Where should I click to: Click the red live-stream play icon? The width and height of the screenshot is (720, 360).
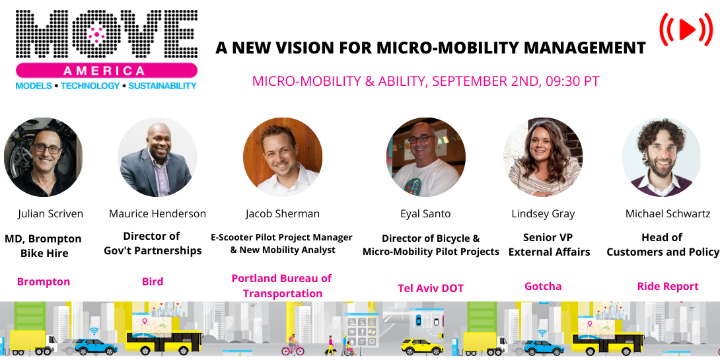(x=686, y=29)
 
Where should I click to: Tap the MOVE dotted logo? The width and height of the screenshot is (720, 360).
(x=106, y=34)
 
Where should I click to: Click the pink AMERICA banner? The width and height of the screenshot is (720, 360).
(x=106, y=71)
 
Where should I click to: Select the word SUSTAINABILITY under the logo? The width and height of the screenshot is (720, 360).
(x=162, y=86)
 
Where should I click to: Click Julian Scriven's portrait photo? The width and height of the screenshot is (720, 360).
(x=44, y=157)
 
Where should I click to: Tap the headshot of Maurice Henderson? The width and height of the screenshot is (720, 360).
(x=157, y=157)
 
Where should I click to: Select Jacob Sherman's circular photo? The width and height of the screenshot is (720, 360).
(x=283, y=157)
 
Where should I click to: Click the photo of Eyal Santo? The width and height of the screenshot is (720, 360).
(x=425, y=157)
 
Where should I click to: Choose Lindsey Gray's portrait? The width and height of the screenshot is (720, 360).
(x=543, y=157)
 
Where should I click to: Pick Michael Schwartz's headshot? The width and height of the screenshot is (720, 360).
(x=661, y=157)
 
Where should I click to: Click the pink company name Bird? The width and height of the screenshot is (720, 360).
(x=153, y=282)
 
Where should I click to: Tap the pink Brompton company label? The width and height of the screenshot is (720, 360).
(x=44, y=282)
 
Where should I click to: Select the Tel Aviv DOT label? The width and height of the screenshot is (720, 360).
(x=431, y=288)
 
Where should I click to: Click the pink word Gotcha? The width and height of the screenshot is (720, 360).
(x=543, y=287)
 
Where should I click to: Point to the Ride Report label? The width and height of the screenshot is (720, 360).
(x=668, y=287)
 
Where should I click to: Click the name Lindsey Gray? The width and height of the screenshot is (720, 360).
(x=543, y=214)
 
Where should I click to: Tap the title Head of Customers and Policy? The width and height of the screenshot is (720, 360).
(x=663, y=244)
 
